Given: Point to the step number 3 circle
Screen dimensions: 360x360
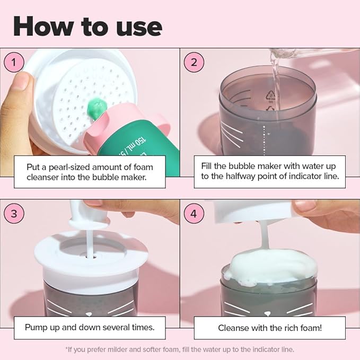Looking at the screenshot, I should pyautogui.click(x=14, y=214).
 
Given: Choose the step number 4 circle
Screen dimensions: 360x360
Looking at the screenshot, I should pyautogui.click(x=194, y=214).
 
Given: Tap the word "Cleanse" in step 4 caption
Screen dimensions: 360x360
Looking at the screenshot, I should pyautogui.click(x=234, y=328).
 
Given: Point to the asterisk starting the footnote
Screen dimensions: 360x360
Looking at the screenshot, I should pyautogui.click(x=67, y=349).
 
